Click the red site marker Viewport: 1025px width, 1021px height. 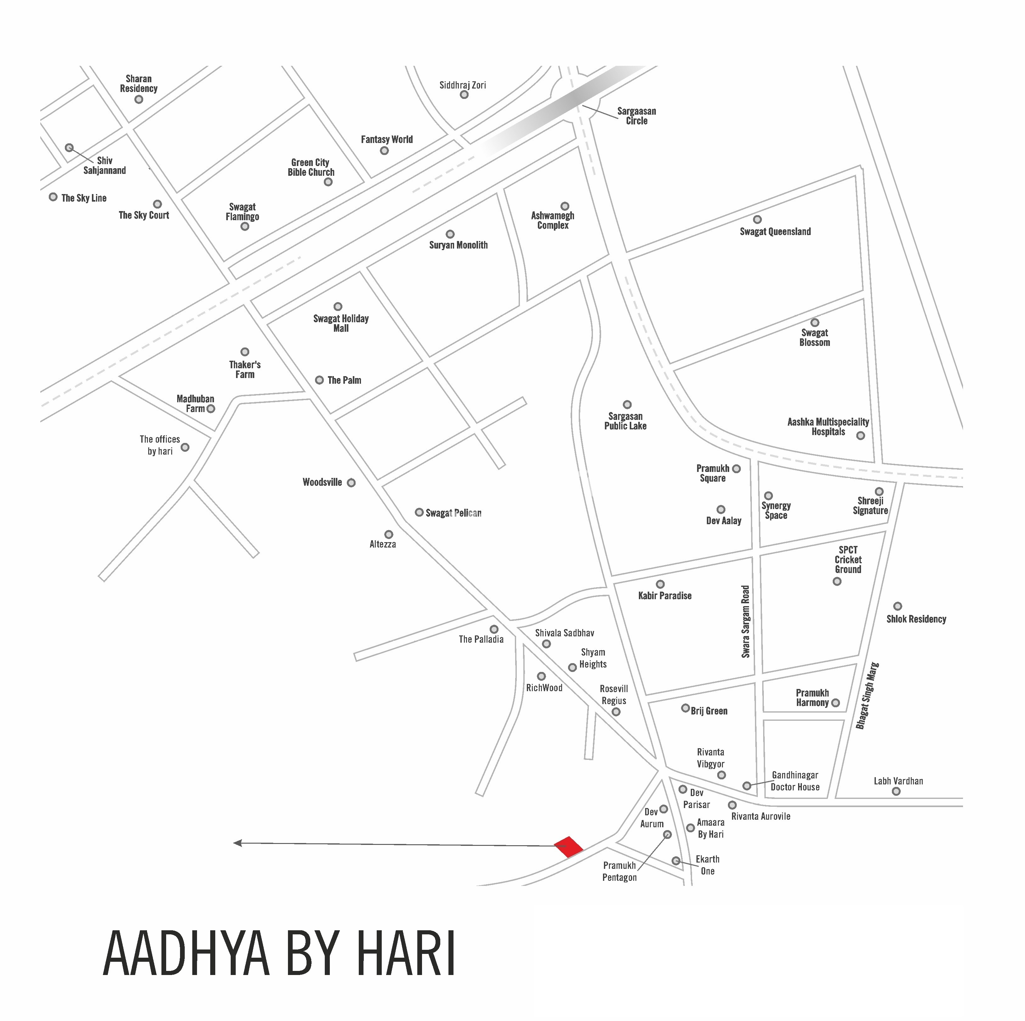point(568,847)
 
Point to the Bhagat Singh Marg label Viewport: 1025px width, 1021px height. point(867,696)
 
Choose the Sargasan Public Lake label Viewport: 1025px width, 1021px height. point(626,421)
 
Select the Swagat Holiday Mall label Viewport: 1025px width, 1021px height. point(341,323)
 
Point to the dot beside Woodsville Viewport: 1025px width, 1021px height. point(351,483)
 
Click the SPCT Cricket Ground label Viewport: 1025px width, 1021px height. point(848,559)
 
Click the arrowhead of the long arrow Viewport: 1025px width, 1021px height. point(238,843)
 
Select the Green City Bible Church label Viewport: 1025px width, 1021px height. point(311,167)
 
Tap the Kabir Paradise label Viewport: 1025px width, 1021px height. point(665,596)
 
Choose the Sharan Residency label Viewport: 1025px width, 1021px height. point(138,84)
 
